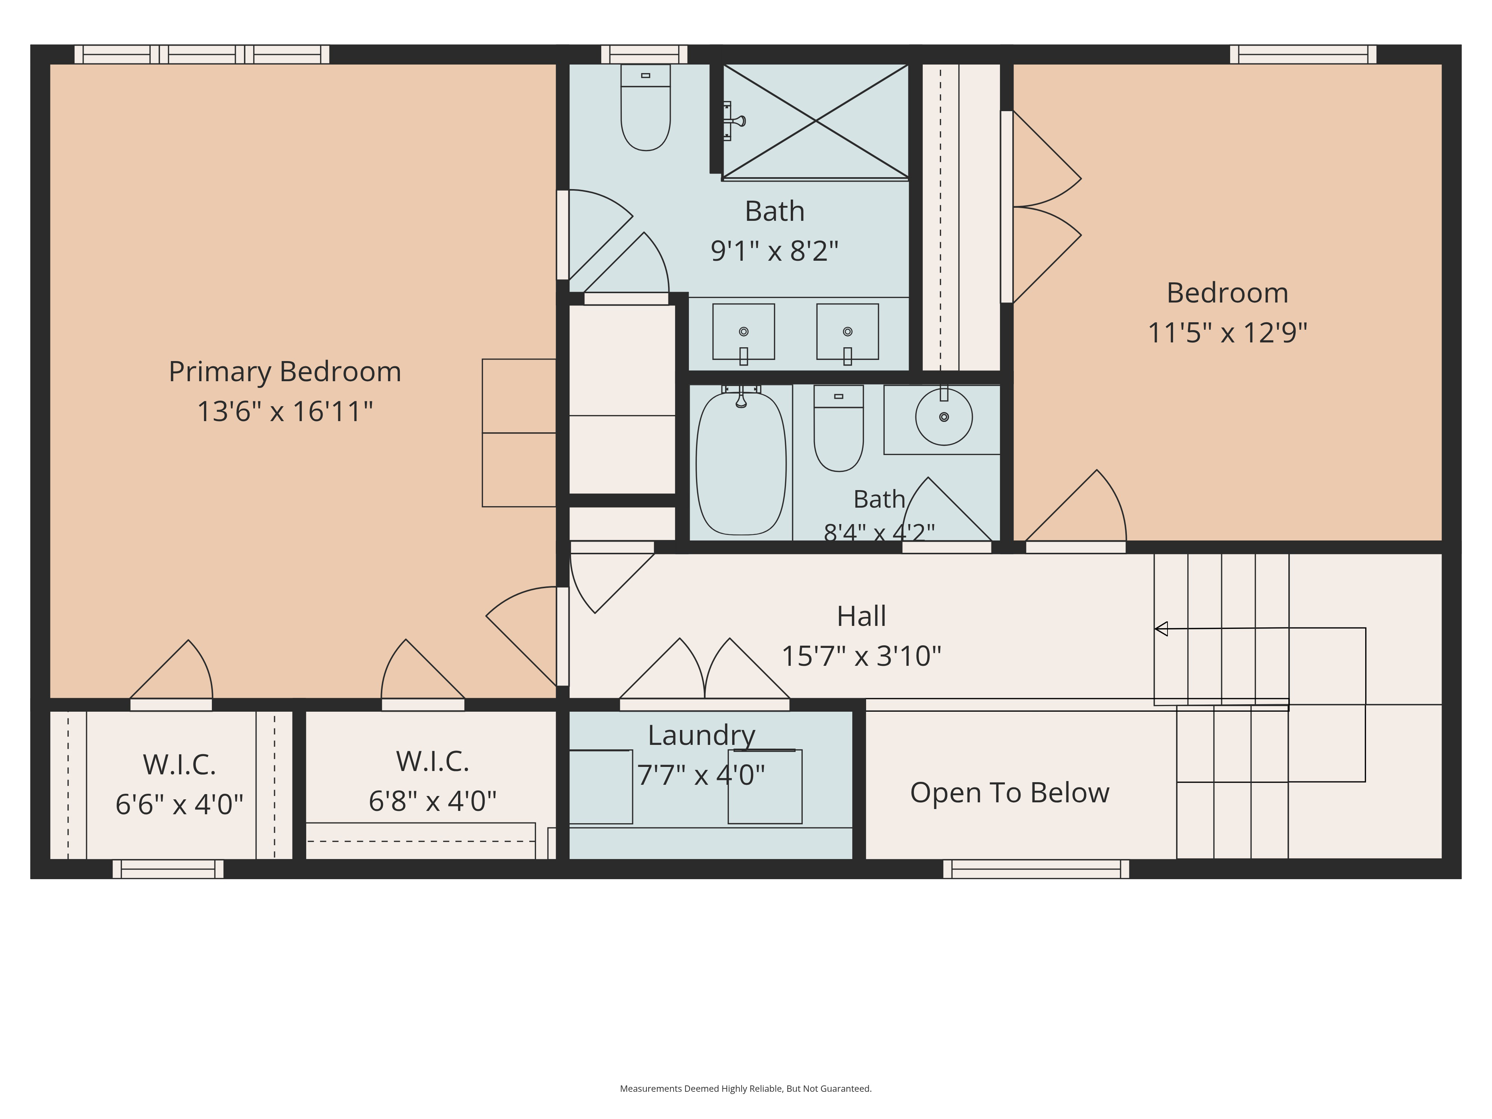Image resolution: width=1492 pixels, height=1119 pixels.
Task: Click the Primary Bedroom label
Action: [285, 372]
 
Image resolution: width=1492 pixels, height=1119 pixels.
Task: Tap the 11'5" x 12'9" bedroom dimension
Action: [1228, 333]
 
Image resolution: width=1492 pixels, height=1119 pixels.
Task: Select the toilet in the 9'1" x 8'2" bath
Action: [646, 107]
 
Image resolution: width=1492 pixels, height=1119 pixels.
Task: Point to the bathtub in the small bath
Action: [741, 463]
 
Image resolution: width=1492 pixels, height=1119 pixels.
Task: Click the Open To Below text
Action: [1010, 793]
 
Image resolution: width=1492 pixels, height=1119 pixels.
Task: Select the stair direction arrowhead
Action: [1161, 629]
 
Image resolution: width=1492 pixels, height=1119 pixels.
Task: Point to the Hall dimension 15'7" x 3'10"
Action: [861, 656]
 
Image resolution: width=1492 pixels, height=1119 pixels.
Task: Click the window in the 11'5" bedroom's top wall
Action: [1303, 54]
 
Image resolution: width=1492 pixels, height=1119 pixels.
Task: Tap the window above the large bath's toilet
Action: [644, 54]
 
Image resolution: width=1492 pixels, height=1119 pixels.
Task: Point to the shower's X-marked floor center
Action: [816, 121]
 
